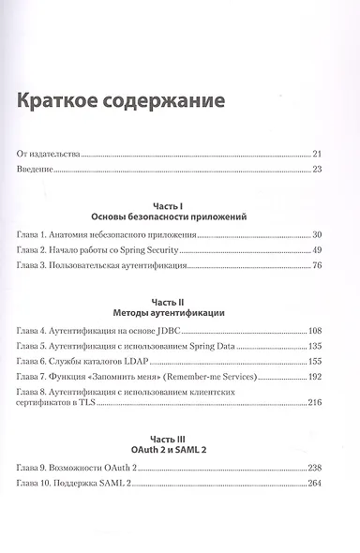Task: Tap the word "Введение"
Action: click(x=35, y=170)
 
